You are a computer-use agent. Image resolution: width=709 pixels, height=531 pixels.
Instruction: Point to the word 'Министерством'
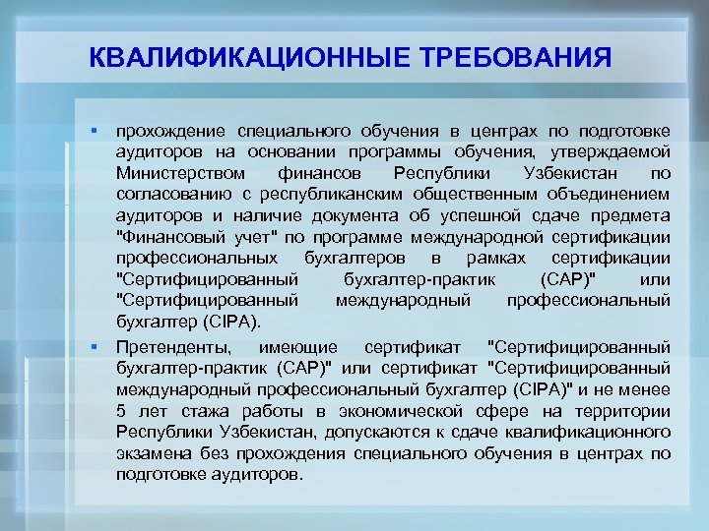(176, 174)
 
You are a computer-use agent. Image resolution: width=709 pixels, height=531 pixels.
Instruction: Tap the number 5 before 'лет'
(120, 411)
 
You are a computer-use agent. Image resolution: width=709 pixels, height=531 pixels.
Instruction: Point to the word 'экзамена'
(149, 454)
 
